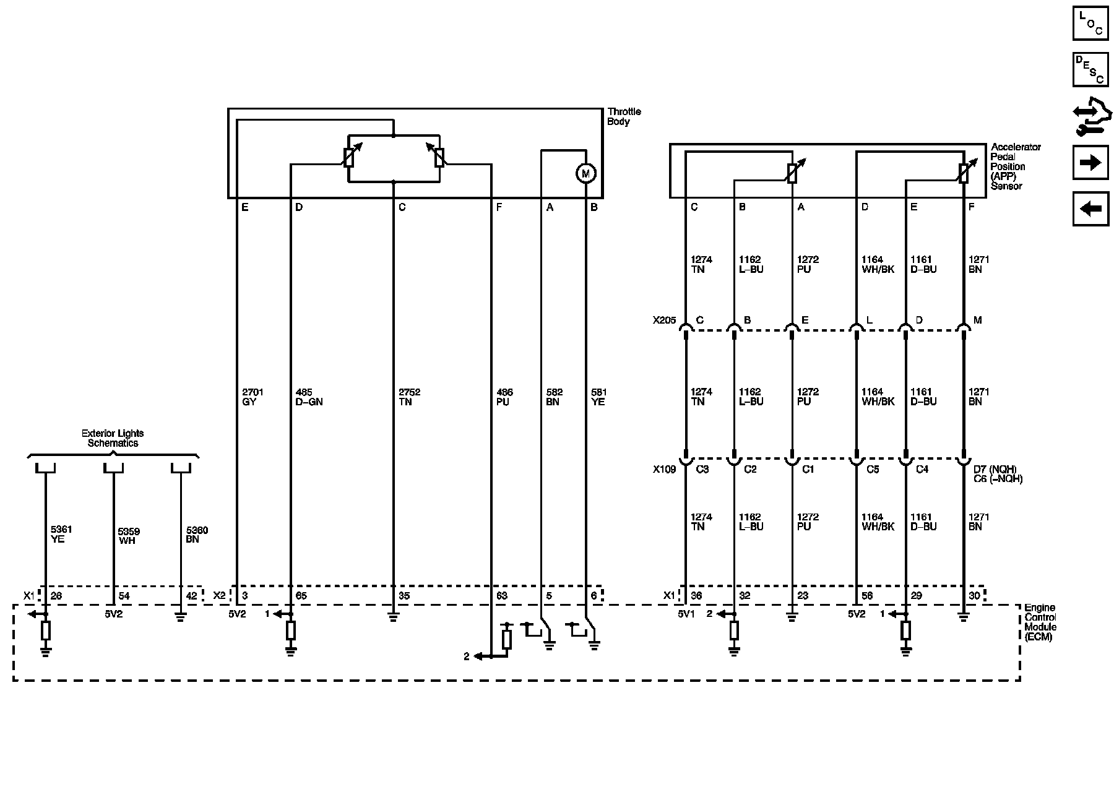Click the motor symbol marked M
(585, 174)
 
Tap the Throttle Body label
(623, 116)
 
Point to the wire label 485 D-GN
(309, 397)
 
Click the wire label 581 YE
(598, 397)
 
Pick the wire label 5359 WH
(129, 536)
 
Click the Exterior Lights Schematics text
(113, 438)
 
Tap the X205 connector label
(664, 321)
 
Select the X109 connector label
(664, 470)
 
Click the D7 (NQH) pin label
(995, 470)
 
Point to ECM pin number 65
(301, 596)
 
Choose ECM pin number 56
(866, 596)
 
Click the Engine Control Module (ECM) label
(1040, 622)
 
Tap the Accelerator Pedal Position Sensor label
(1015, 166)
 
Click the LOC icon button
(1090, 23)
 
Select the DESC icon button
(1090, 69)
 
